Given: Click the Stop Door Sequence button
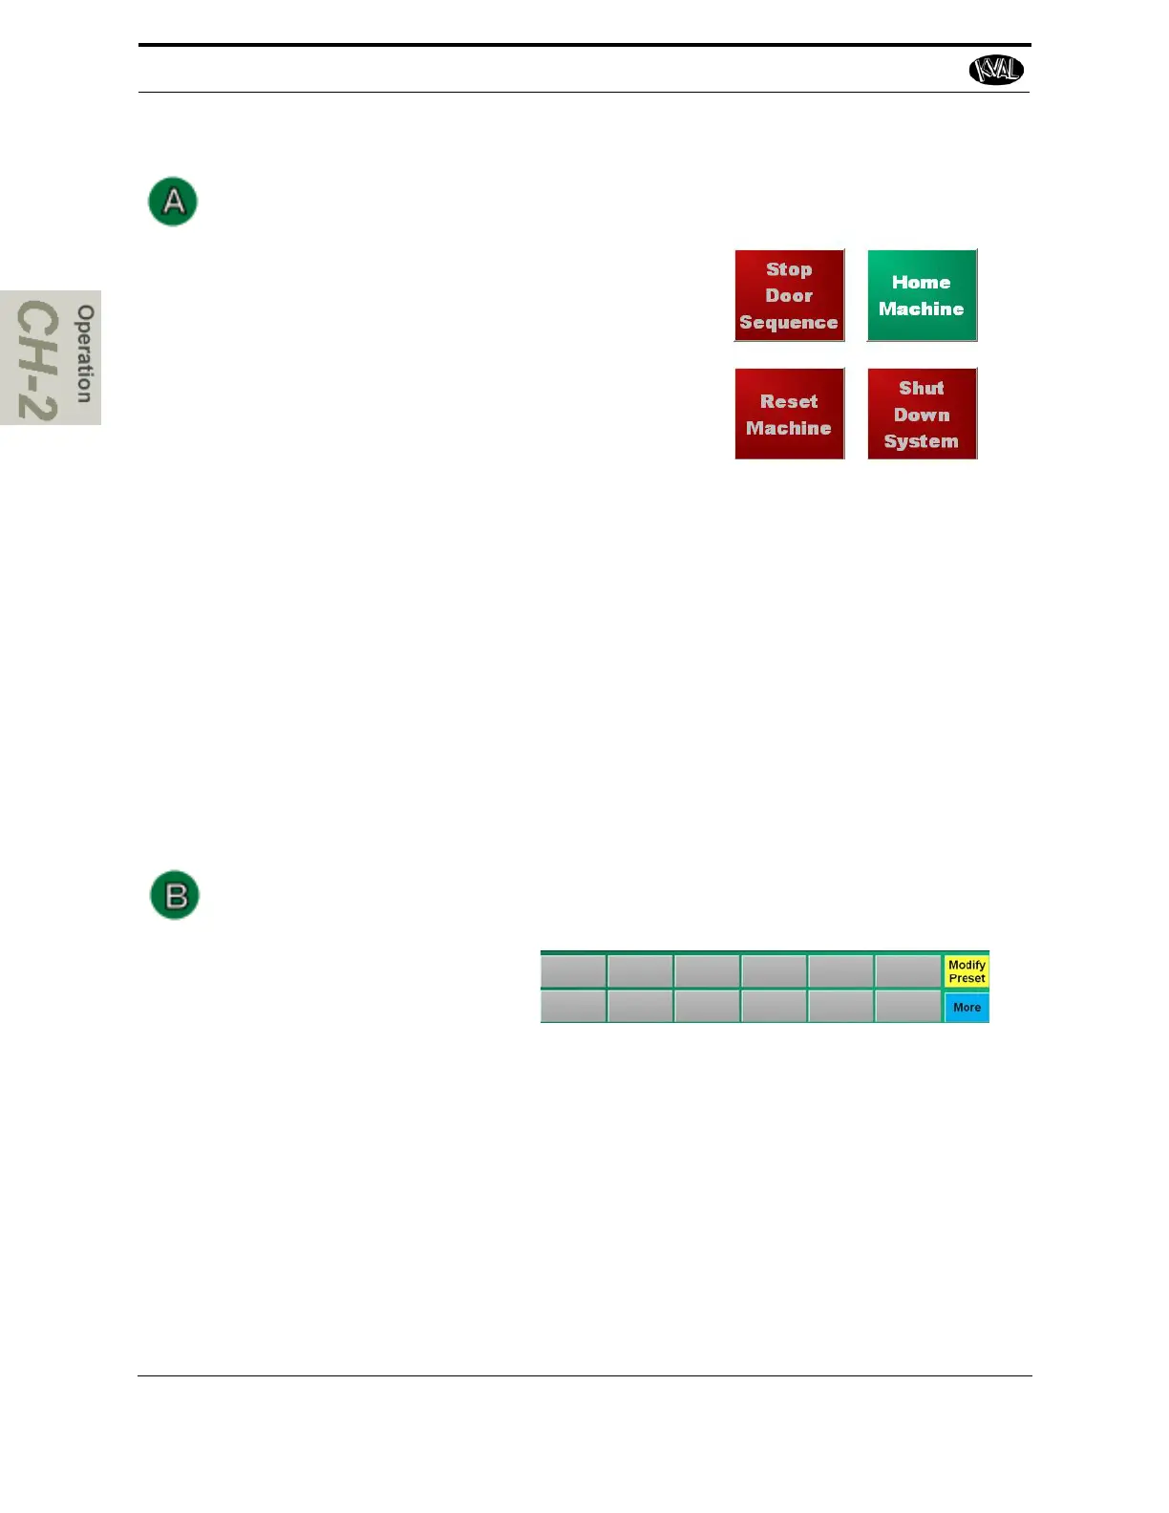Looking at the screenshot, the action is tap(789, 295).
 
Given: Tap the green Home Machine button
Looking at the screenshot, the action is tap(922, 295).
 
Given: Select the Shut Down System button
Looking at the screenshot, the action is tap(922, 414).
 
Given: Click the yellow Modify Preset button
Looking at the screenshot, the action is tap(967, 971).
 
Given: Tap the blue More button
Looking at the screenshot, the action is tap(967, 1007).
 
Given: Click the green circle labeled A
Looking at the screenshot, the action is tap(173, 202).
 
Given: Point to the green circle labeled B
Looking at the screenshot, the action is tap(175, 895).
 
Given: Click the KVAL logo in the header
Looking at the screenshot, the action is tap(996, 70).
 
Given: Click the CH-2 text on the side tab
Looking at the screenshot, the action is tap(38, 360).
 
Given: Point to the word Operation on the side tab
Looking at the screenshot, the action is tap(85, 353).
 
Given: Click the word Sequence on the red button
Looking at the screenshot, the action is tap(789, 323).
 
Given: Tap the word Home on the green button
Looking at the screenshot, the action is tap(921, 283).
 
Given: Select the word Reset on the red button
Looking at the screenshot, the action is tap(789, 401).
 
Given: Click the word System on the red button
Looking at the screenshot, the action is tap(921, 441).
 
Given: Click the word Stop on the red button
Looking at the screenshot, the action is tap(789, 269).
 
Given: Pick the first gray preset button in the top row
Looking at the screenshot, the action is tap(573, 971).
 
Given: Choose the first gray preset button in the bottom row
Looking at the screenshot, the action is tap(573, 1006).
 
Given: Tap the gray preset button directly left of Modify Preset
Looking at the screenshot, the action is tap(908, 971).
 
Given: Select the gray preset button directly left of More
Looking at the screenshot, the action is tap(908, 1006).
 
